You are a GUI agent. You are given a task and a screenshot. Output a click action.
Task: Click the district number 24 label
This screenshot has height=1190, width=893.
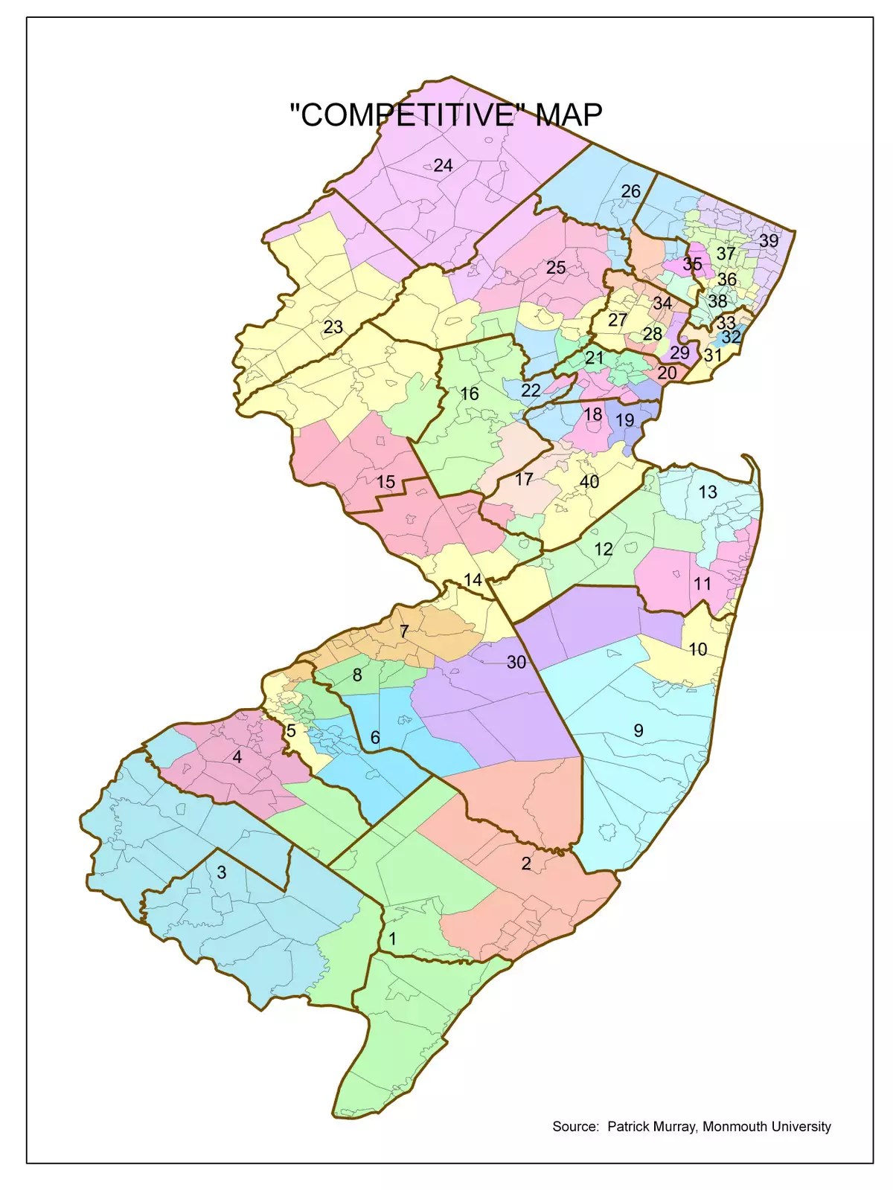pos(443,165)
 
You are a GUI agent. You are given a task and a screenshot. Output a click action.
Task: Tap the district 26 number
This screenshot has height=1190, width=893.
pos(630,191)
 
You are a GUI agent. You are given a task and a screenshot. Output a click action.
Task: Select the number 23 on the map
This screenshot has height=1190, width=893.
pos(333,327)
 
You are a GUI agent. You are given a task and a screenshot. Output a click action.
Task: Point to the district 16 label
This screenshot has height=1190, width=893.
pos(469,393)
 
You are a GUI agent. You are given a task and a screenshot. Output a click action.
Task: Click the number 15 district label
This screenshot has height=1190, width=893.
pos(385,482)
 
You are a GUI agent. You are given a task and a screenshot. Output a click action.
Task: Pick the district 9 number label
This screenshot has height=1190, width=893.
pos(638,730)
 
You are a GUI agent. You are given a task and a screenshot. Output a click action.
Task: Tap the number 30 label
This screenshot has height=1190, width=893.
pos(516,662)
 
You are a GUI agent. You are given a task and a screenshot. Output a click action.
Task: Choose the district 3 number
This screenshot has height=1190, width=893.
pos(221,872)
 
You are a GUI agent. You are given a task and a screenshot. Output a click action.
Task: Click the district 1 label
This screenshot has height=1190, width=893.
pos(392,939)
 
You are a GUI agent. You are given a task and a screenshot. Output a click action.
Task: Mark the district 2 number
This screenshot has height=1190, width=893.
pos(526,863)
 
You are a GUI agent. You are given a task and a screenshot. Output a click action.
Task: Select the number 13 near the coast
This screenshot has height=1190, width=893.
pos(707,492)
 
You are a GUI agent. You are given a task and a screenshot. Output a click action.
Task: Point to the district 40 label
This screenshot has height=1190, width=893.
pos(589,482)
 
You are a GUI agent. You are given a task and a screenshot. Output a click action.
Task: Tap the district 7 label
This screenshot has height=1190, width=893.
pos(403,631)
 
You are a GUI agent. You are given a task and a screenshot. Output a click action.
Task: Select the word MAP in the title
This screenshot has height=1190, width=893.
pos(569,115)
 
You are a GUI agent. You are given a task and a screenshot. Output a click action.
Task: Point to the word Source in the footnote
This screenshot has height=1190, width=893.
pos(574,1126)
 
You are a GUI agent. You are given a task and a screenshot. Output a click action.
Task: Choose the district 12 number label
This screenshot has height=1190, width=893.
pos(603,549)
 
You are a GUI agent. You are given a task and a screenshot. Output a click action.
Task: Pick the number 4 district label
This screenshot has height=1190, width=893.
pos(237,757)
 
